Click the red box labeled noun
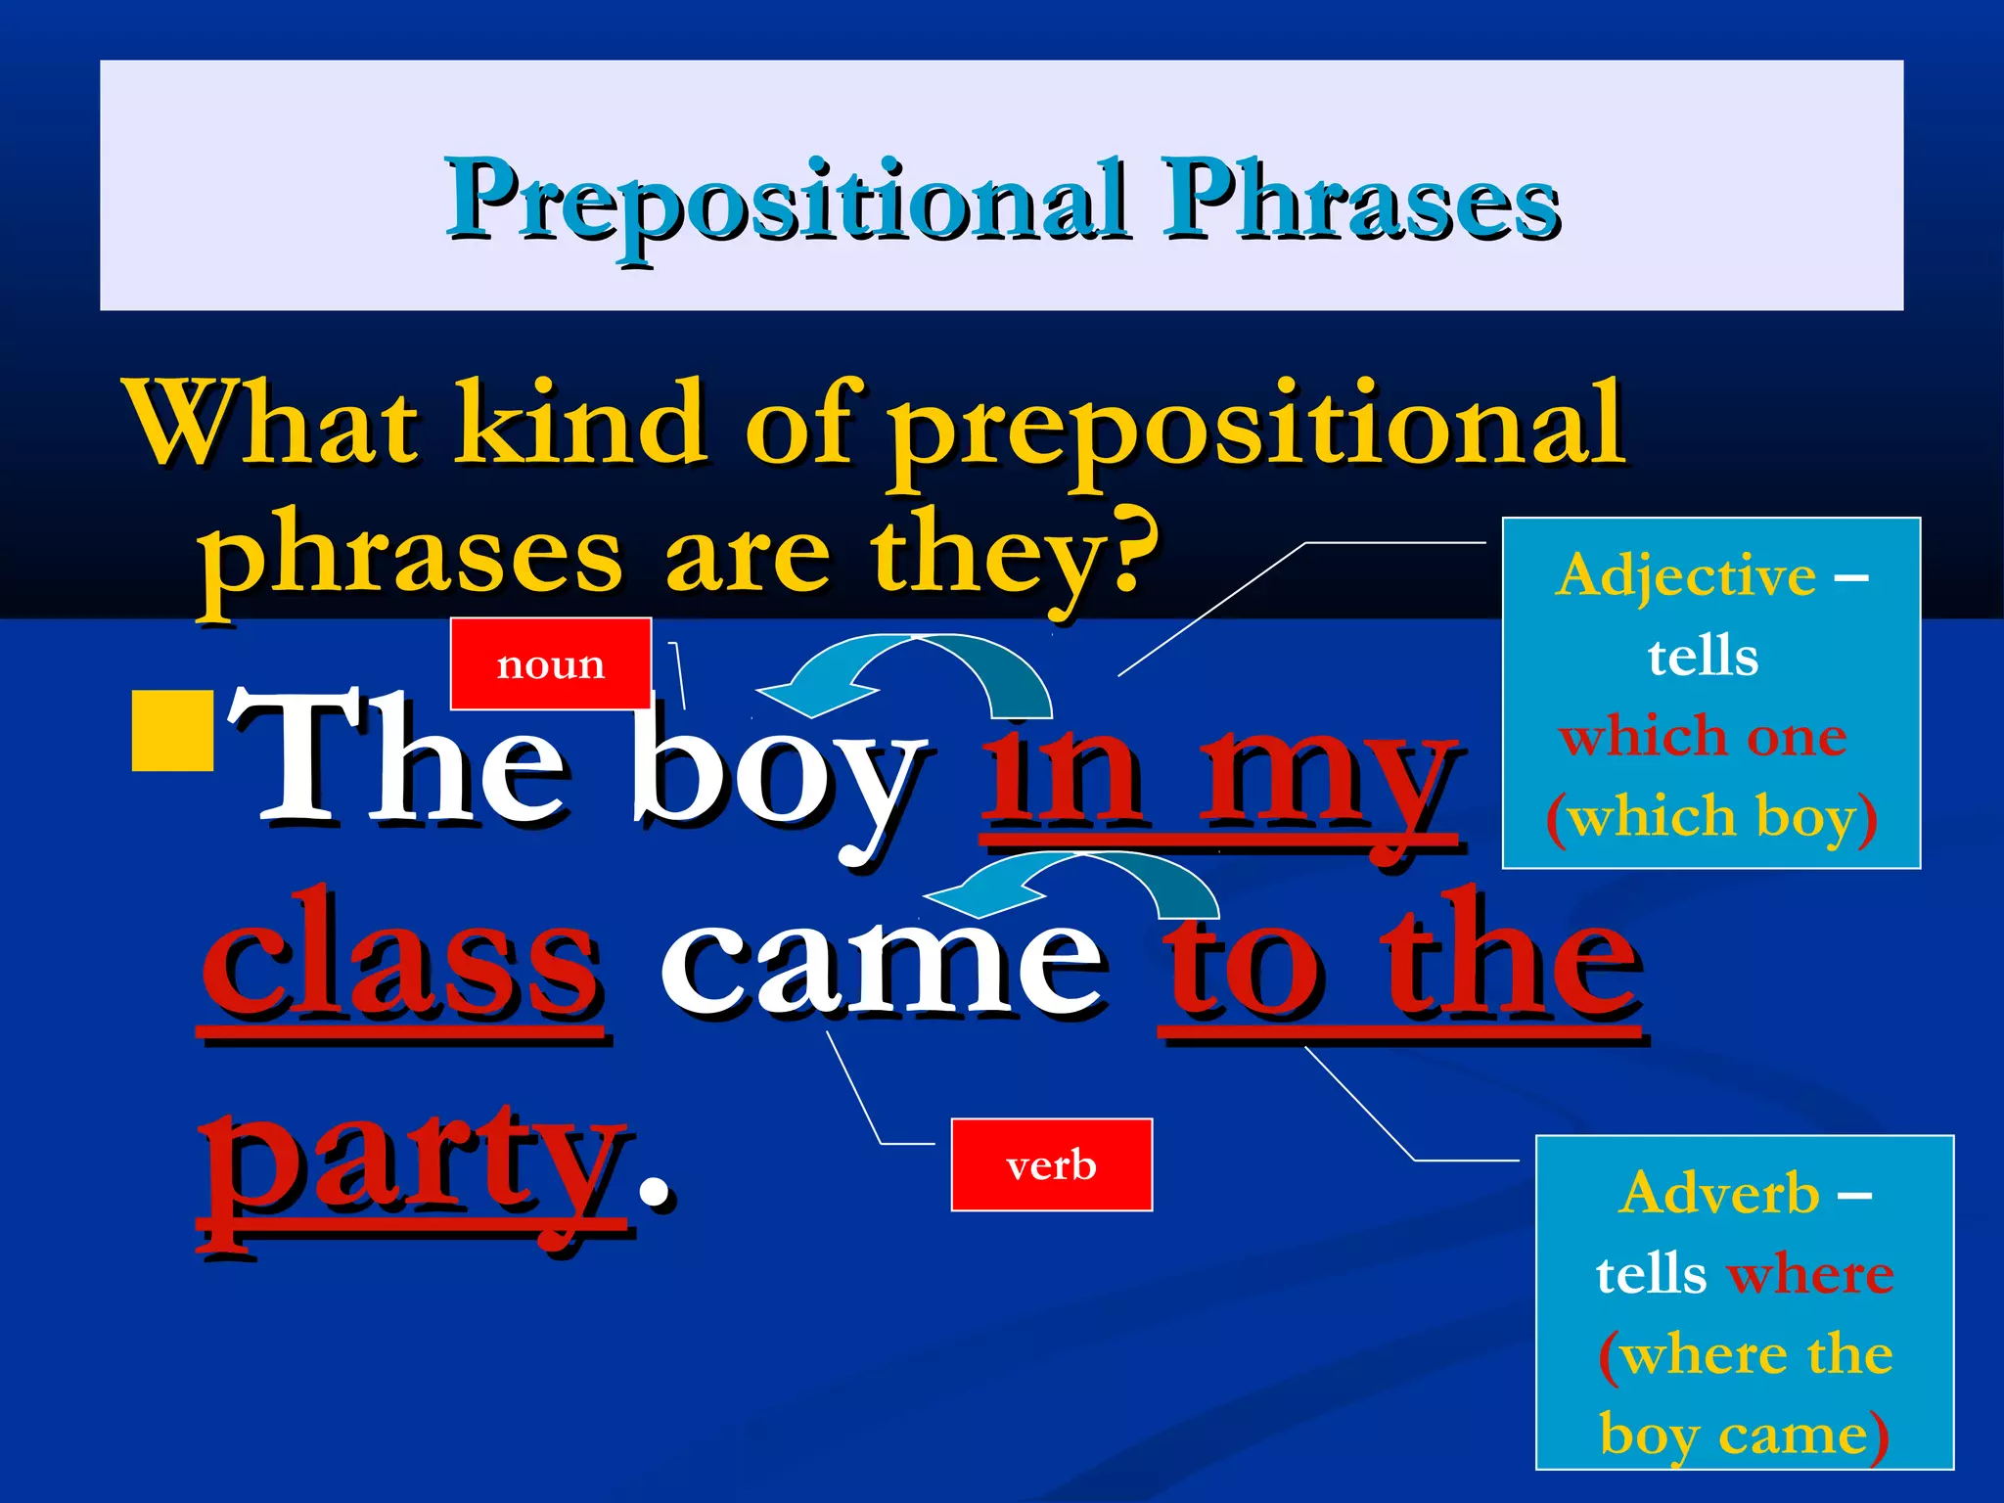(x=550, y=663)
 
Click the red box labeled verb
(x=1051, y=1164)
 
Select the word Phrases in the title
(x=1360, y=201)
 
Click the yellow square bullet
(x=173, y=731)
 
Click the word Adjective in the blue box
(x=1686, y=575)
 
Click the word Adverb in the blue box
(x=1719, y=1194)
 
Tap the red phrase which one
(x=1703, y=736)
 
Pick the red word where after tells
(x=1810, y=1274)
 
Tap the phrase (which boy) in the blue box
(x=1711, y=816)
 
